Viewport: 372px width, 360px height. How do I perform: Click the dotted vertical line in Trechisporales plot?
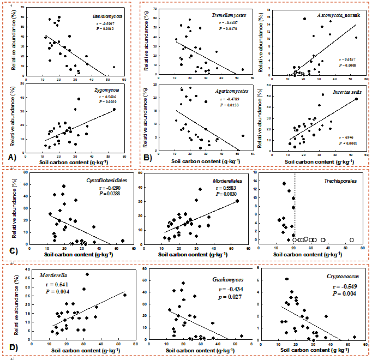coord(295,207)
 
